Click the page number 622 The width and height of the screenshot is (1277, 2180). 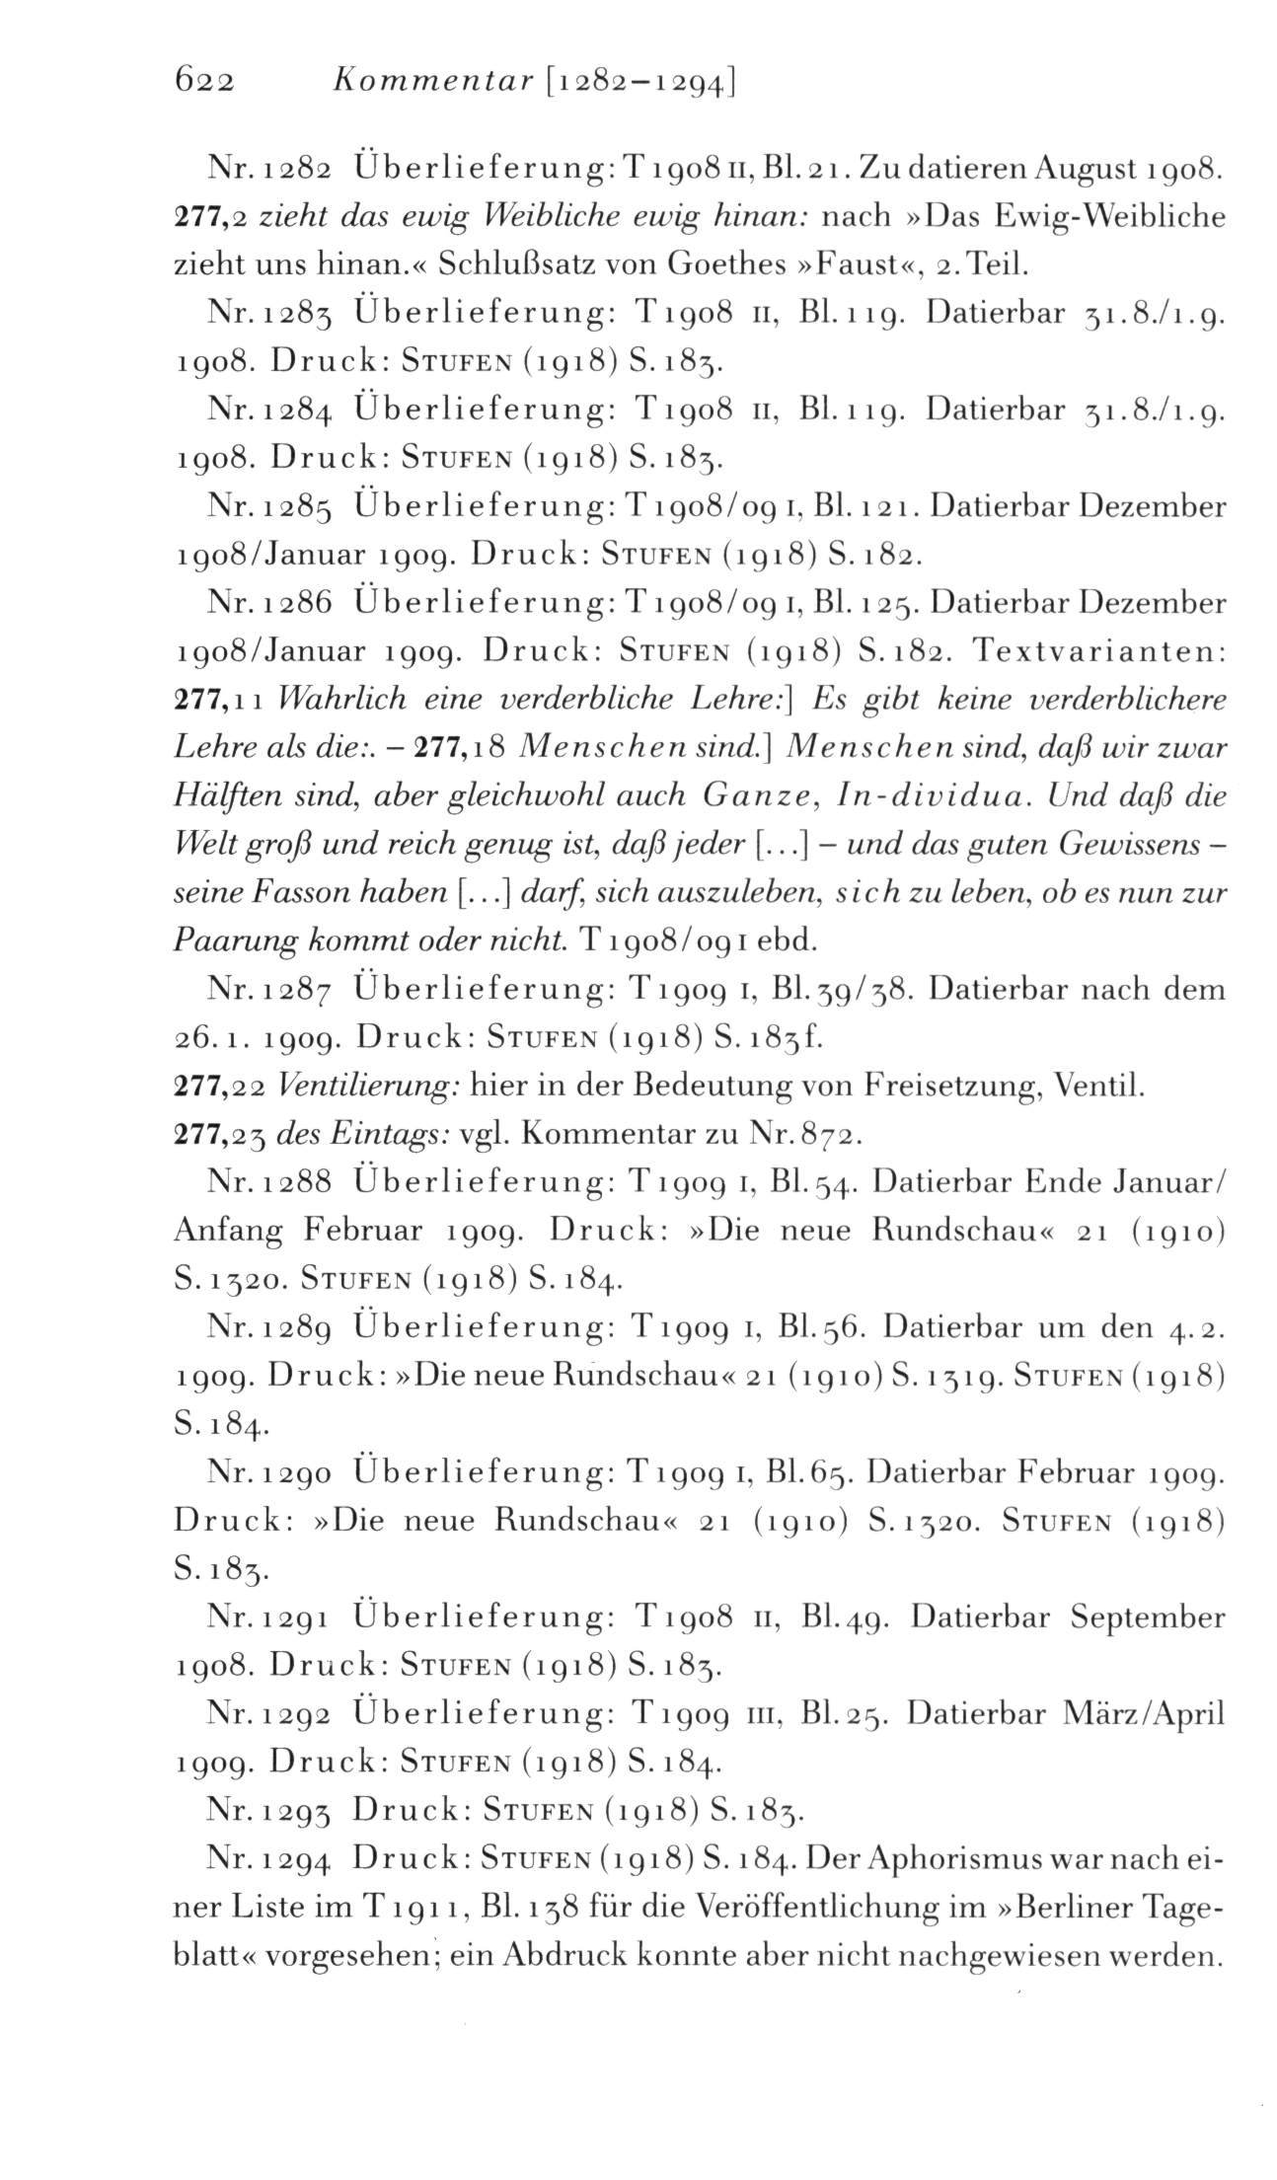[x=203, y=82]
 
